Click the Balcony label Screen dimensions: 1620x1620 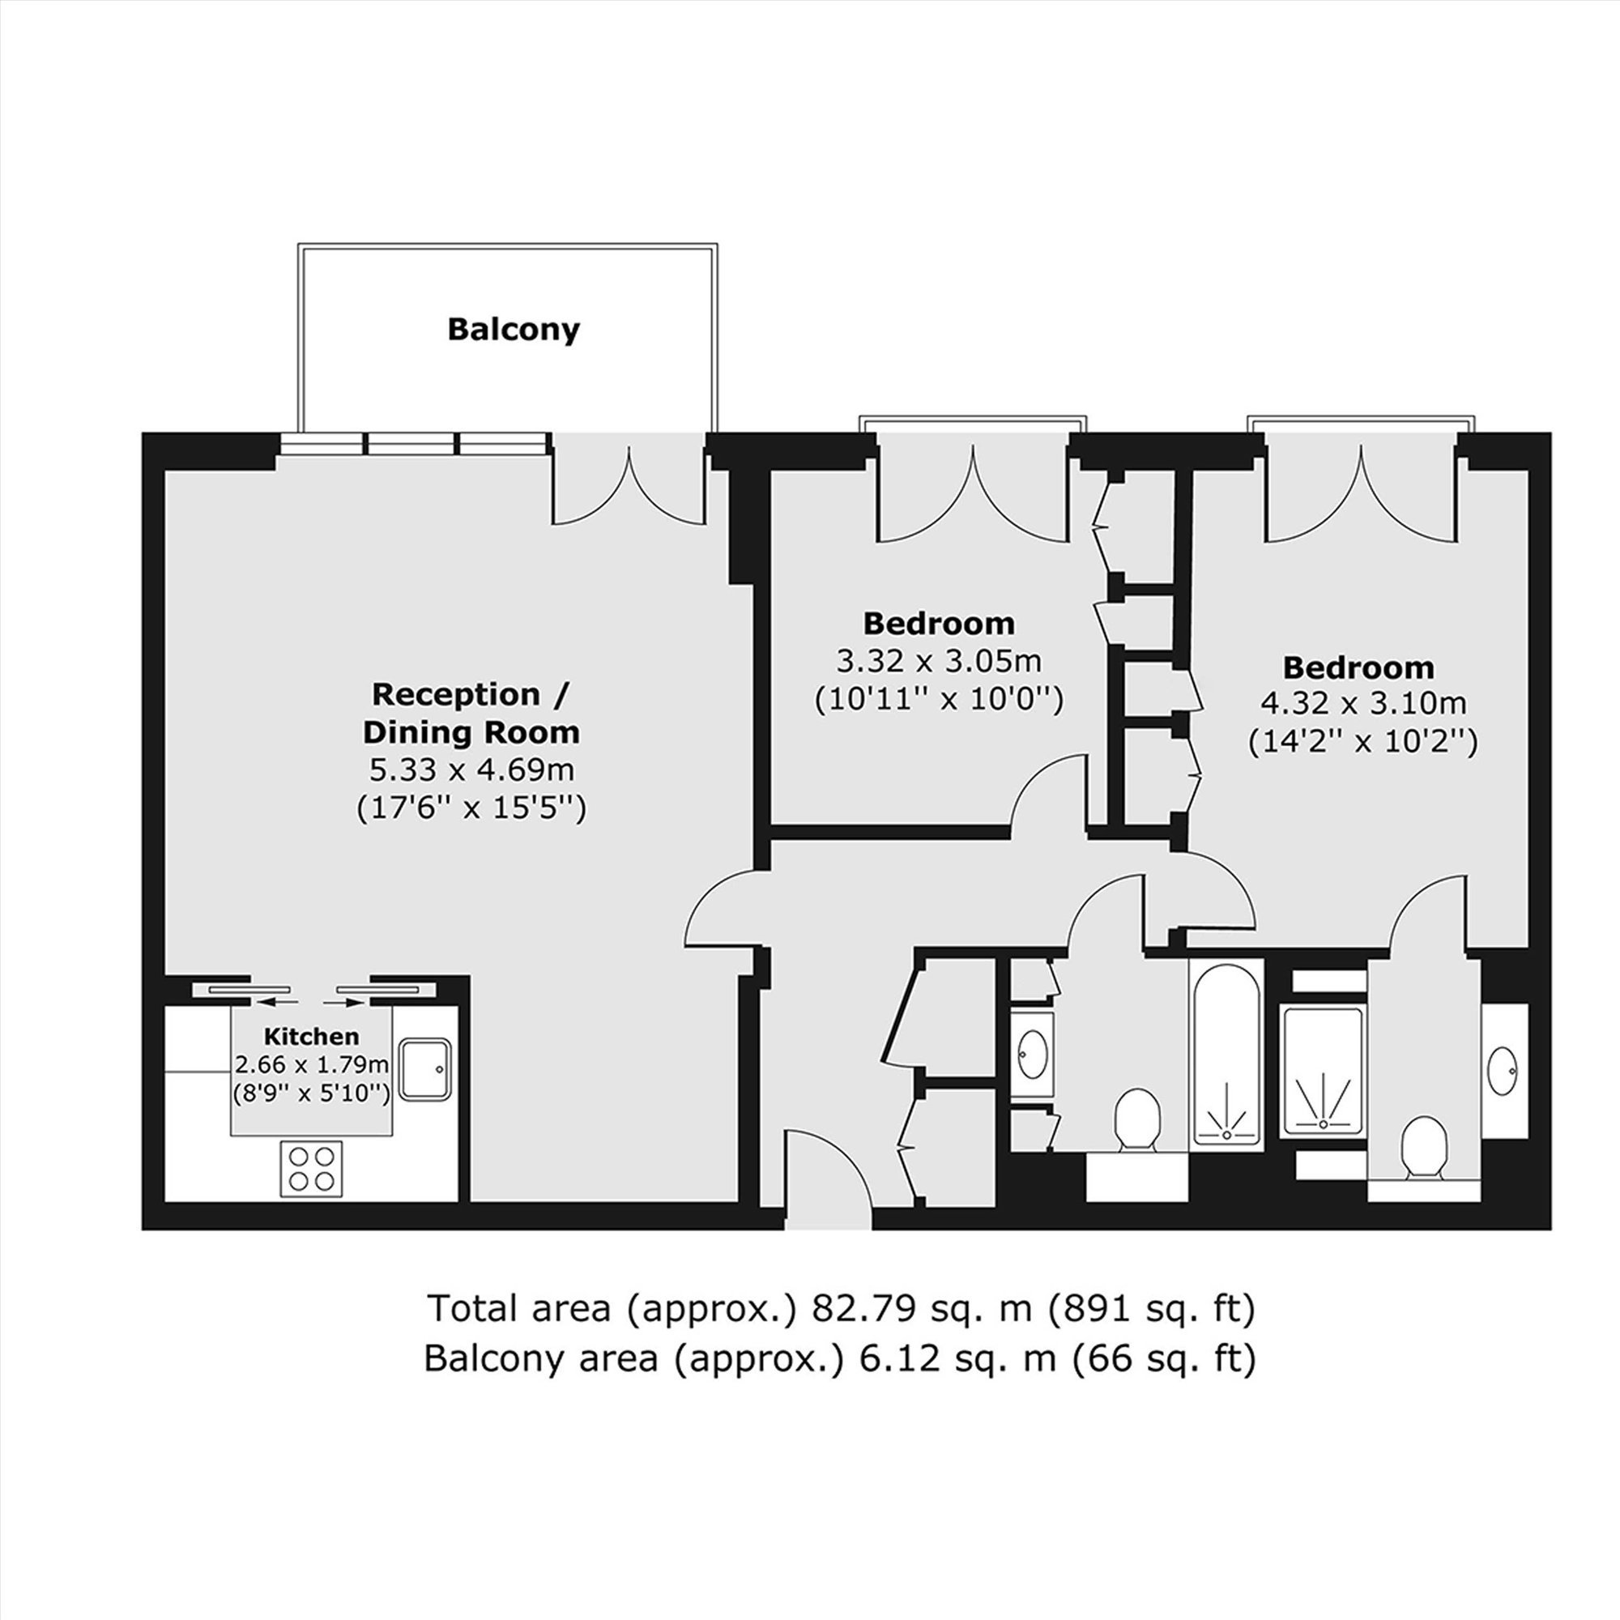coord(514,330)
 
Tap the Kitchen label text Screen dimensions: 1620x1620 coord(311,1037)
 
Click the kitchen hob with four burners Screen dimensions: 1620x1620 coord(311,1170)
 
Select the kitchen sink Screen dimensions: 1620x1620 coord(425,1069)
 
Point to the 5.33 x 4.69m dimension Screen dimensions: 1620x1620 coord(471,769)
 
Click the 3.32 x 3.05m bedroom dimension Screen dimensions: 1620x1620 coord(938,662)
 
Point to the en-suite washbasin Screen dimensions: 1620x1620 coord(1503,1072)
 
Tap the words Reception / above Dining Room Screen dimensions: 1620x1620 coord(471,695)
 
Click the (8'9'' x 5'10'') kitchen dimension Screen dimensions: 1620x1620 coord(311,1093)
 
